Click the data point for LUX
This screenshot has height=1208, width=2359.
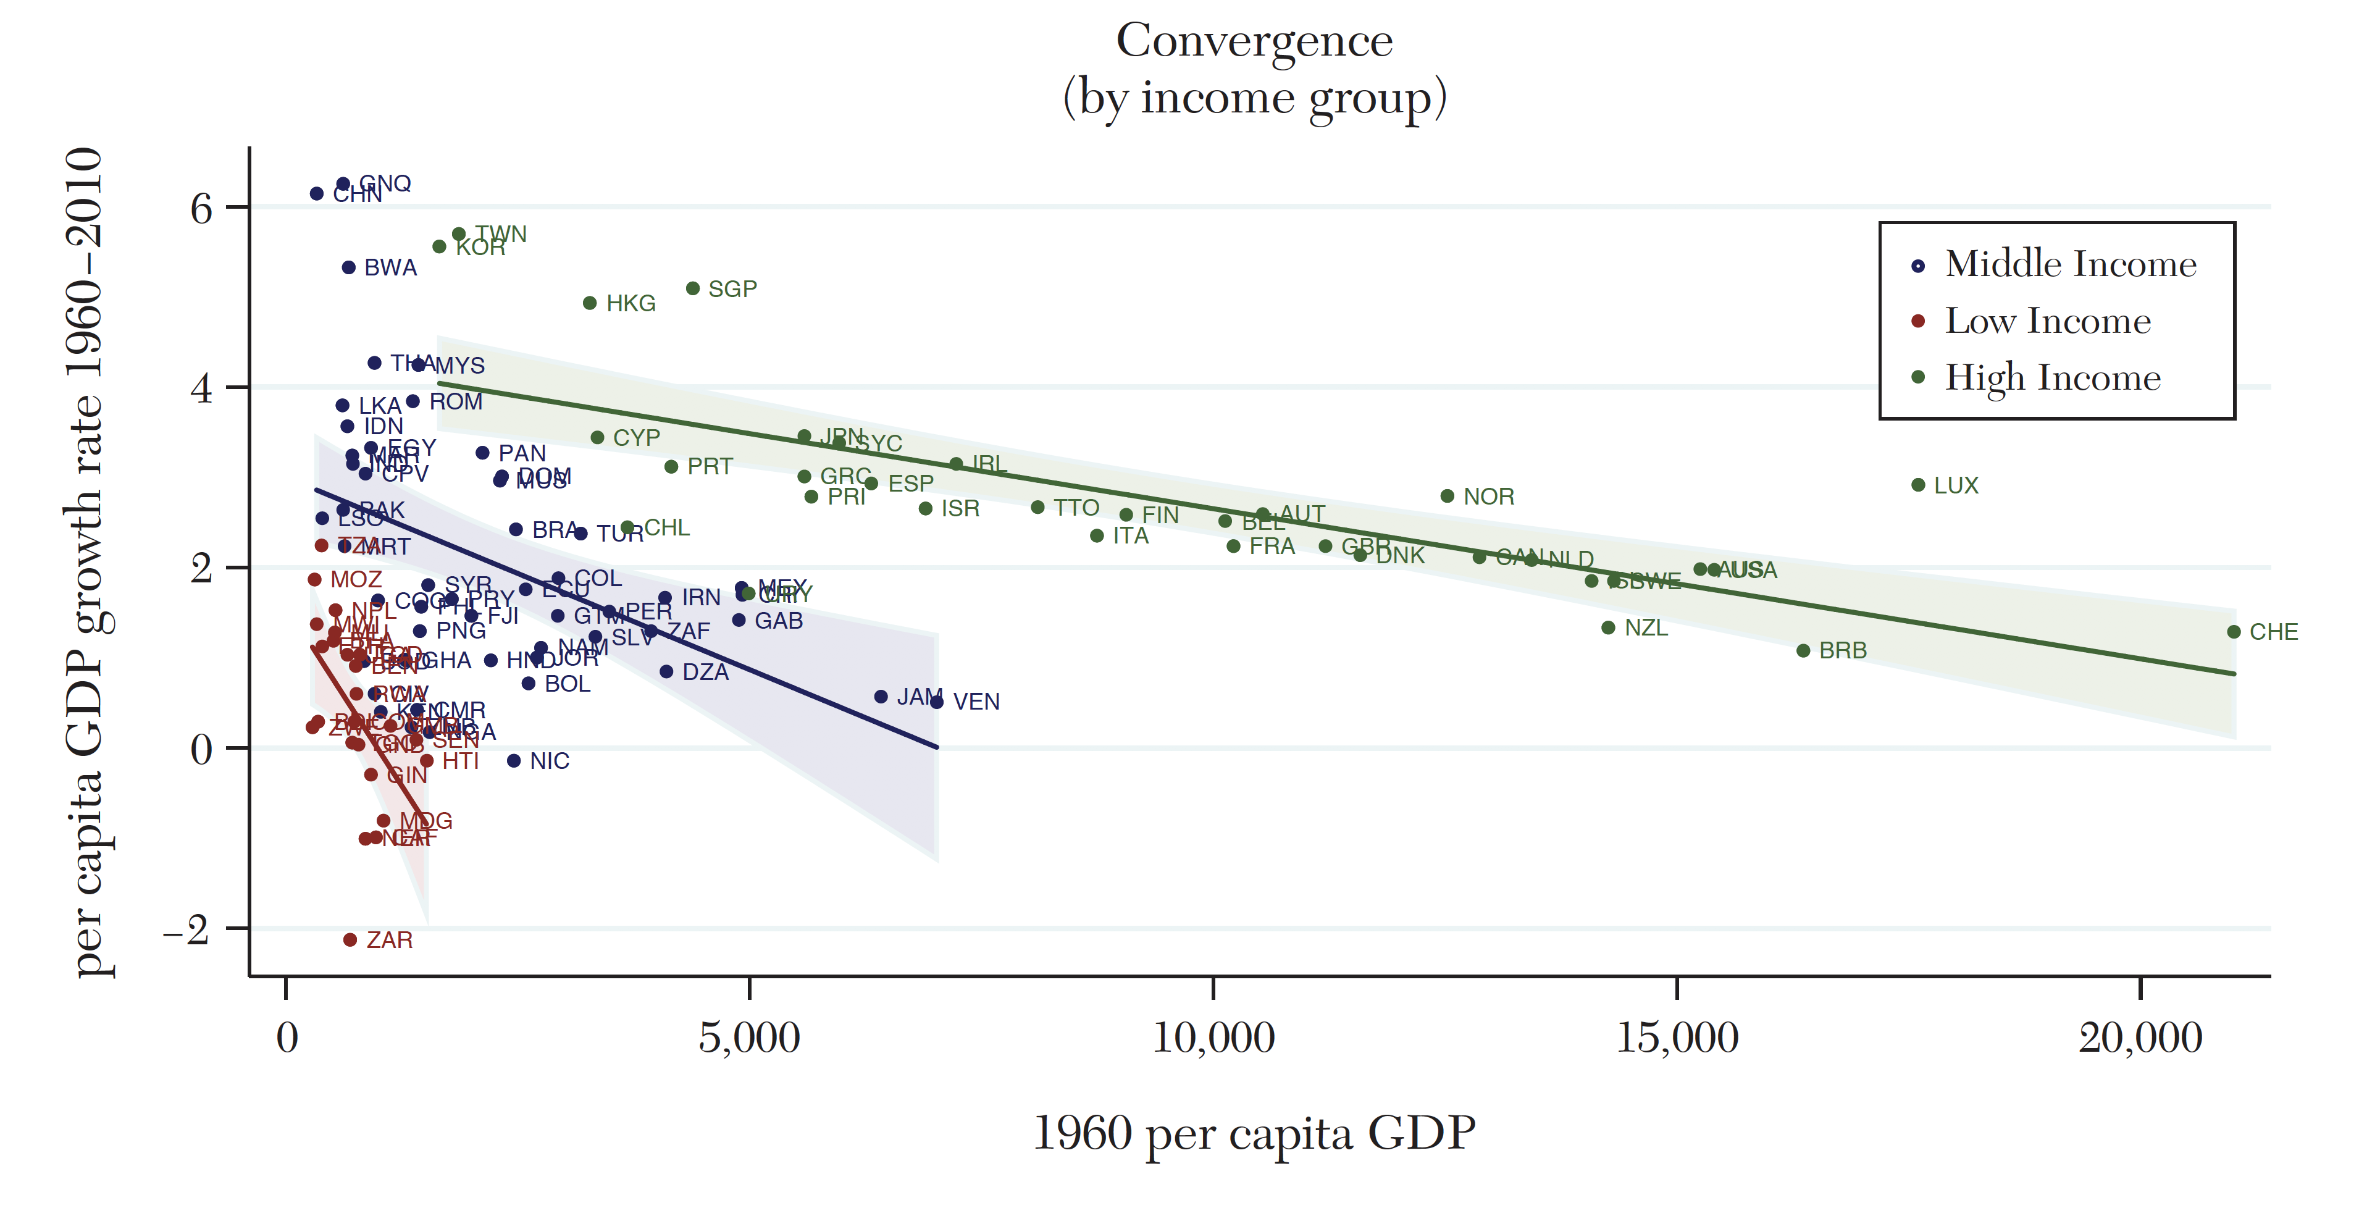click(x=1917, y=484)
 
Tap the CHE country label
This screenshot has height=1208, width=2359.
click(x=2273, y=632)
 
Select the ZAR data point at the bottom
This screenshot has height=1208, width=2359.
click(x=350, y=939)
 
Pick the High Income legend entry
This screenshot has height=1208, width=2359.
click(x=2051, y=377)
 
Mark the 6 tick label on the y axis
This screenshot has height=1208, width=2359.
click(x=201, y=209)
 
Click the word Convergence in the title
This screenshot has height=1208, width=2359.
click(x=1254, y=41)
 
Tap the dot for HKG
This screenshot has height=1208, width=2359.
click(x=590, y=303)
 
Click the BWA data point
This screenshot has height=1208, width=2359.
click(x=348, y=267)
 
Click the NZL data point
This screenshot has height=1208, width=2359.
click(x=1608, y=627)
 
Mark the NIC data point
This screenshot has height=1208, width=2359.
click(x=514, y=761)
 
